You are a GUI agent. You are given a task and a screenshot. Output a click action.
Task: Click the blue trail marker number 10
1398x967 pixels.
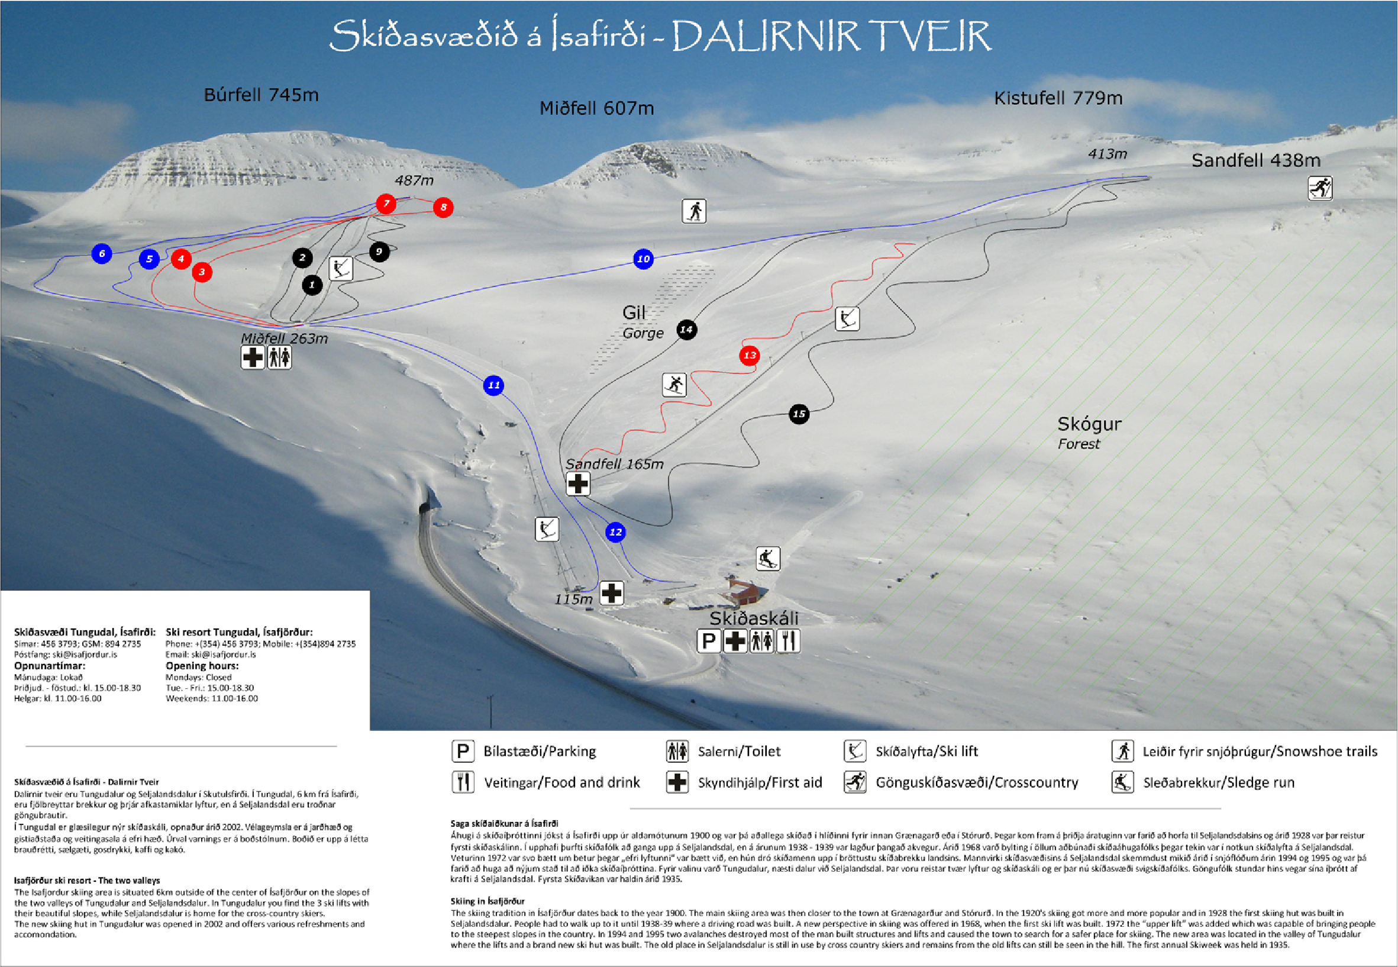pyautogui.click(x=643, y=259)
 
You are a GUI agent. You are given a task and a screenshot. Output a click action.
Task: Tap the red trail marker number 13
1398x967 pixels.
pyautogui.click(x=750, y=355)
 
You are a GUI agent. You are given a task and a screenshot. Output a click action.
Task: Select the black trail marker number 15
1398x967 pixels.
pyautogui.click(x=799, y=414)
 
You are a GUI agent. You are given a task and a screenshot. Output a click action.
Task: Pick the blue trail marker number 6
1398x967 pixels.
pyautogui.click(x=102, y=253)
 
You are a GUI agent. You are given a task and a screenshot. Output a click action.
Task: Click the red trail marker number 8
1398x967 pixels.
pyautogui.click(x=443, y=207)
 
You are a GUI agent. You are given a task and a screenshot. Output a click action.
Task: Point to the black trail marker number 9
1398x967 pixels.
pyautogui.click(x=379, y=252)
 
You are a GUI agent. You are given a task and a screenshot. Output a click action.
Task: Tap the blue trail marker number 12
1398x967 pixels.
pyautogui.click(x=615, y=532)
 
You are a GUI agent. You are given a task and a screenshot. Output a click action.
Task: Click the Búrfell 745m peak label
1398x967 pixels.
pyautogui.click(x=261, y=95)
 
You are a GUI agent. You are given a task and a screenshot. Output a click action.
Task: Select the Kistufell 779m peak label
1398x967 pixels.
pyautogui.click(x=1058, y=98)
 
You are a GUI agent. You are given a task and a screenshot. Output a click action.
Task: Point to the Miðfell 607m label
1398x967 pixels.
pyautogui.click(x=596, y=108)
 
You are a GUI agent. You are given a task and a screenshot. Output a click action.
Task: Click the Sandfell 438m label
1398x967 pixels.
pyautogui.click(x=1255, y=160)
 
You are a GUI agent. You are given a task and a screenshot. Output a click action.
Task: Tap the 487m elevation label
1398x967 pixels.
pyautogui.click(x=414, y=180)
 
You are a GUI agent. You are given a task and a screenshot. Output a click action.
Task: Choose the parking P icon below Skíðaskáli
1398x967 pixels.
pyautogui.click(x=709, y=641)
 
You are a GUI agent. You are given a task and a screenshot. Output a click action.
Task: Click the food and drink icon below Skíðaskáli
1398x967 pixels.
pyautogui.click(x=788, y=641)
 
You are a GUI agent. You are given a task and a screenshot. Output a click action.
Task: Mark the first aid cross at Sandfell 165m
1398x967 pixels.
pyautogui.click(x=578, y=483)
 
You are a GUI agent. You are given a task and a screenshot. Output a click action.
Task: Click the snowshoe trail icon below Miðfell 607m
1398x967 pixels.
pyautogui.click(x=694, y=211)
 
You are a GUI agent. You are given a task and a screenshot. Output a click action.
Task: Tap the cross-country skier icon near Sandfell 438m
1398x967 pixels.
pyautogui.click(x=1320, y=188)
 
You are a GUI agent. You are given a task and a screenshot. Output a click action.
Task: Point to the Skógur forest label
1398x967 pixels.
pyautogui.click(x=1089, y=424)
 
